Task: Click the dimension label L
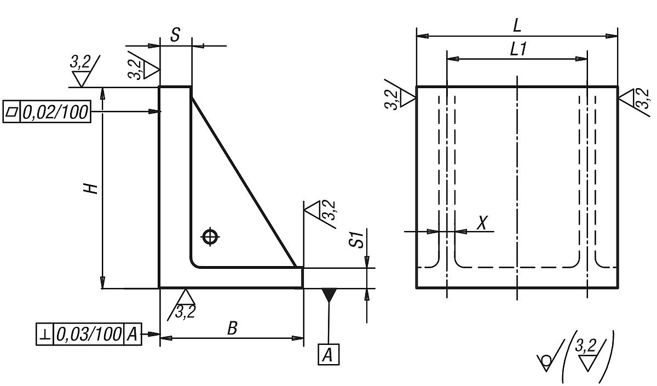[517, 25]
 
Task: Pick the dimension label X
[482, 222]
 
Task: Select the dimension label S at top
[175, 36]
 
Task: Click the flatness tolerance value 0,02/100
[55, 112]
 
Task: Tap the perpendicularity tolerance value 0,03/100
[89, 334]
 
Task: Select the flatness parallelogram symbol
[11, 112]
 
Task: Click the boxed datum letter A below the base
[328, 355]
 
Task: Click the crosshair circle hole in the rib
[210, 237]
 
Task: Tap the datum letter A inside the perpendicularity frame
[132, 334]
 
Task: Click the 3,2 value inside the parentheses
[587, 347]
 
